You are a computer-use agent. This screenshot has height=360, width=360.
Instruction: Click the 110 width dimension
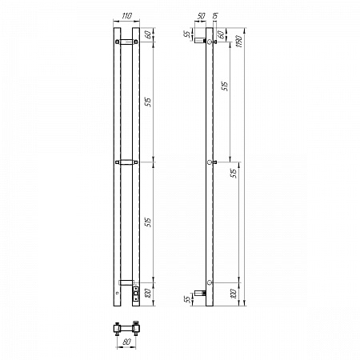pyautogui.click(x=126, y=15)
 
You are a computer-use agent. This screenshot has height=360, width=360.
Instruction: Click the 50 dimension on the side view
pyautogui.click(x=201, y=15)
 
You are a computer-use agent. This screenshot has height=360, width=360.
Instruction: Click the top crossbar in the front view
pyautogui.click(x=126, y=42)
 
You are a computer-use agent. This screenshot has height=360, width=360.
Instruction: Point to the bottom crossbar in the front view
pyautogui.click(x=126, y=282)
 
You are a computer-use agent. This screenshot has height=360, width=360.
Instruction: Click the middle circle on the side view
pyautogui.click(x=210, y=162)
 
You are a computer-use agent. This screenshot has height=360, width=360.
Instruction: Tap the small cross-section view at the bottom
pyautogui.click(x=127, y=328)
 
